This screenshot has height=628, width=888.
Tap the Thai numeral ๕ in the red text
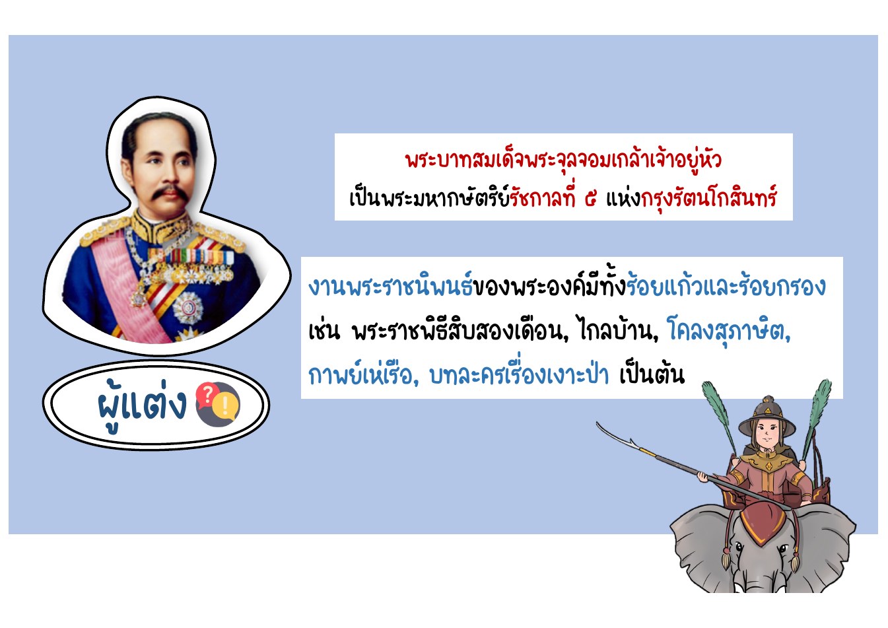point(591,199)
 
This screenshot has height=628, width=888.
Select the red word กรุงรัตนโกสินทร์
point(709,198)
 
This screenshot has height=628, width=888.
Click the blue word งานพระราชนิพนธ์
point(390,285)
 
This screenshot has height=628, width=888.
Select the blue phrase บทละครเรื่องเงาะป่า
point(519,374)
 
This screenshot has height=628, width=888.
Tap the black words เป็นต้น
point(652,374)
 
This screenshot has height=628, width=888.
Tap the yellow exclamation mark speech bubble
point(224,405)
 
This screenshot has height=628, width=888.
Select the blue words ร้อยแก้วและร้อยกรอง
point(726,285)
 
